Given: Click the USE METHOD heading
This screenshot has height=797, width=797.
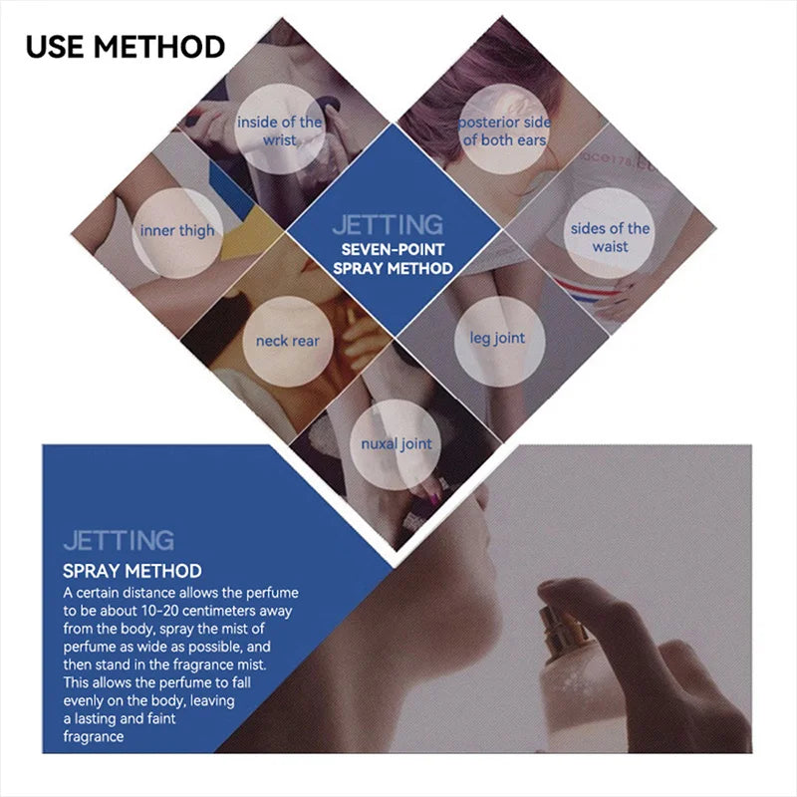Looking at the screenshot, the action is (x=126, y=47).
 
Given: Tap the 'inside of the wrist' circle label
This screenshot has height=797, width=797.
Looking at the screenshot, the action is (x=279, y=132).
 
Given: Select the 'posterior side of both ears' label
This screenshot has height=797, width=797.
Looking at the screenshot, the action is (x=504, y=132).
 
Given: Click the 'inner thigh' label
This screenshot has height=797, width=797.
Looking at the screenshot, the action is (x=177, y=231).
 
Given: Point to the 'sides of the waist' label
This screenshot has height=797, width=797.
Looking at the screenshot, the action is (x=610, y=237).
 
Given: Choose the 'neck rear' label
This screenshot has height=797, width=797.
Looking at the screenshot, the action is (x=288, y=341).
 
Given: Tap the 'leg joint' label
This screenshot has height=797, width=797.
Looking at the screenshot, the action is (x=497, y=339).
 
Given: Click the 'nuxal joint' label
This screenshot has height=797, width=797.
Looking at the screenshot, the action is (x=397, y=444).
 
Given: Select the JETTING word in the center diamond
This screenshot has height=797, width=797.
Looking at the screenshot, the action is (x=388, y=225).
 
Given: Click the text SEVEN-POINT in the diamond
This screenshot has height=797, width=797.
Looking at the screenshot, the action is (x=393, y=250).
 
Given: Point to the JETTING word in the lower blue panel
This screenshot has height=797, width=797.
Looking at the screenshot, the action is (x=119, y=540).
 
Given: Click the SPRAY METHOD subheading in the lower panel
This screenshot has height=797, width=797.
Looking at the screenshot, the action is (x=133, y=571).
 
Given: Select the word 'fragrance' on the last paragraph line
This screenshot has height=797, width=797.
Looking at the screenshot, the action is (x=94, y=737).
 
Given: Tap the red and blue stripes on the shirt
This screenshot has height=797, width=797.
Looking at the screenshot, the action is (x=585, y=291).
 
